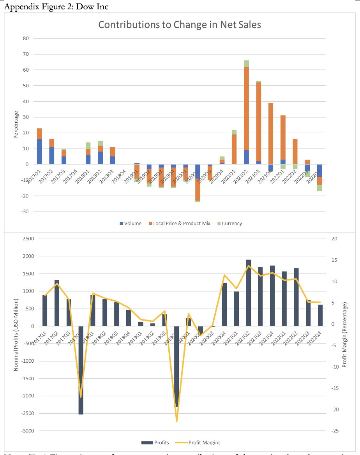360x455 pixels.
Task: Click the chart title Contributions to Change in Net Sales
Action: point(180,25)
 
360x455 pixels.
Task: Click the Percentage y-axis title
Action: point(16,125)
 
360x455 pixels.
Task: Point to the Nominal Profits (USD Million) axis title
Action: point(16,334)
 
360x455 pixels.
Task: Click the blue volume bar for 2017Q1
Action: point(39,152)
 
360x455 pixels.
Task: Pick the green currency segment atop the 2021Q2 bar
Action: point(246,64)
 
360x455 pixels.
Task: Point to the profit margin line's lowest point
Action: point(176,421)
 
